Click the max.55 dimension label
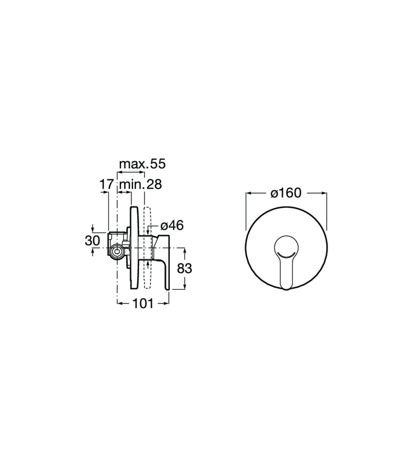pos(142,164)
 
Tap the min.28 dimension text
pos(140,184)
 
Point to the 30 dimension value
pos(92,240)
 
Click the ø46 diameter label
pos(172,226)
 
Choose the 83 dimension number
pos(184,268)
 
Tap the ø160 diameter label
pos(286,193)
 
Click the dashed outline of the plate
pos(147,248)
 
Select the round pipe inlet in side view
pos(117,251)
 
